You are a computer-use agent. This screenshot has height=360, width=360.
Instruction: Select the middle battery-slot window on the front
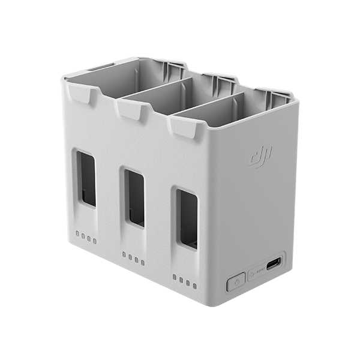point(135,198)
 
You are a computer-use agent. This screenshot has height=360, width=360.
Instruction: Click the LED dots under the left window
point(85,236)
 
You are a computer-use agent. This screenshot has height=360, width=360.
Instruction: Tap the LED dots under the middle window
point(133,257)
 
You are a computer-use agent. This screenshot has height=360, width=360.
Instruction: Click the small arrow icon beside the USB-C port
point(253,273)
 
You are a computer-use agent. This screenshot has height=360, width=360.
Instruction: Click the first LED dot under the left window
point(77,233)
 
